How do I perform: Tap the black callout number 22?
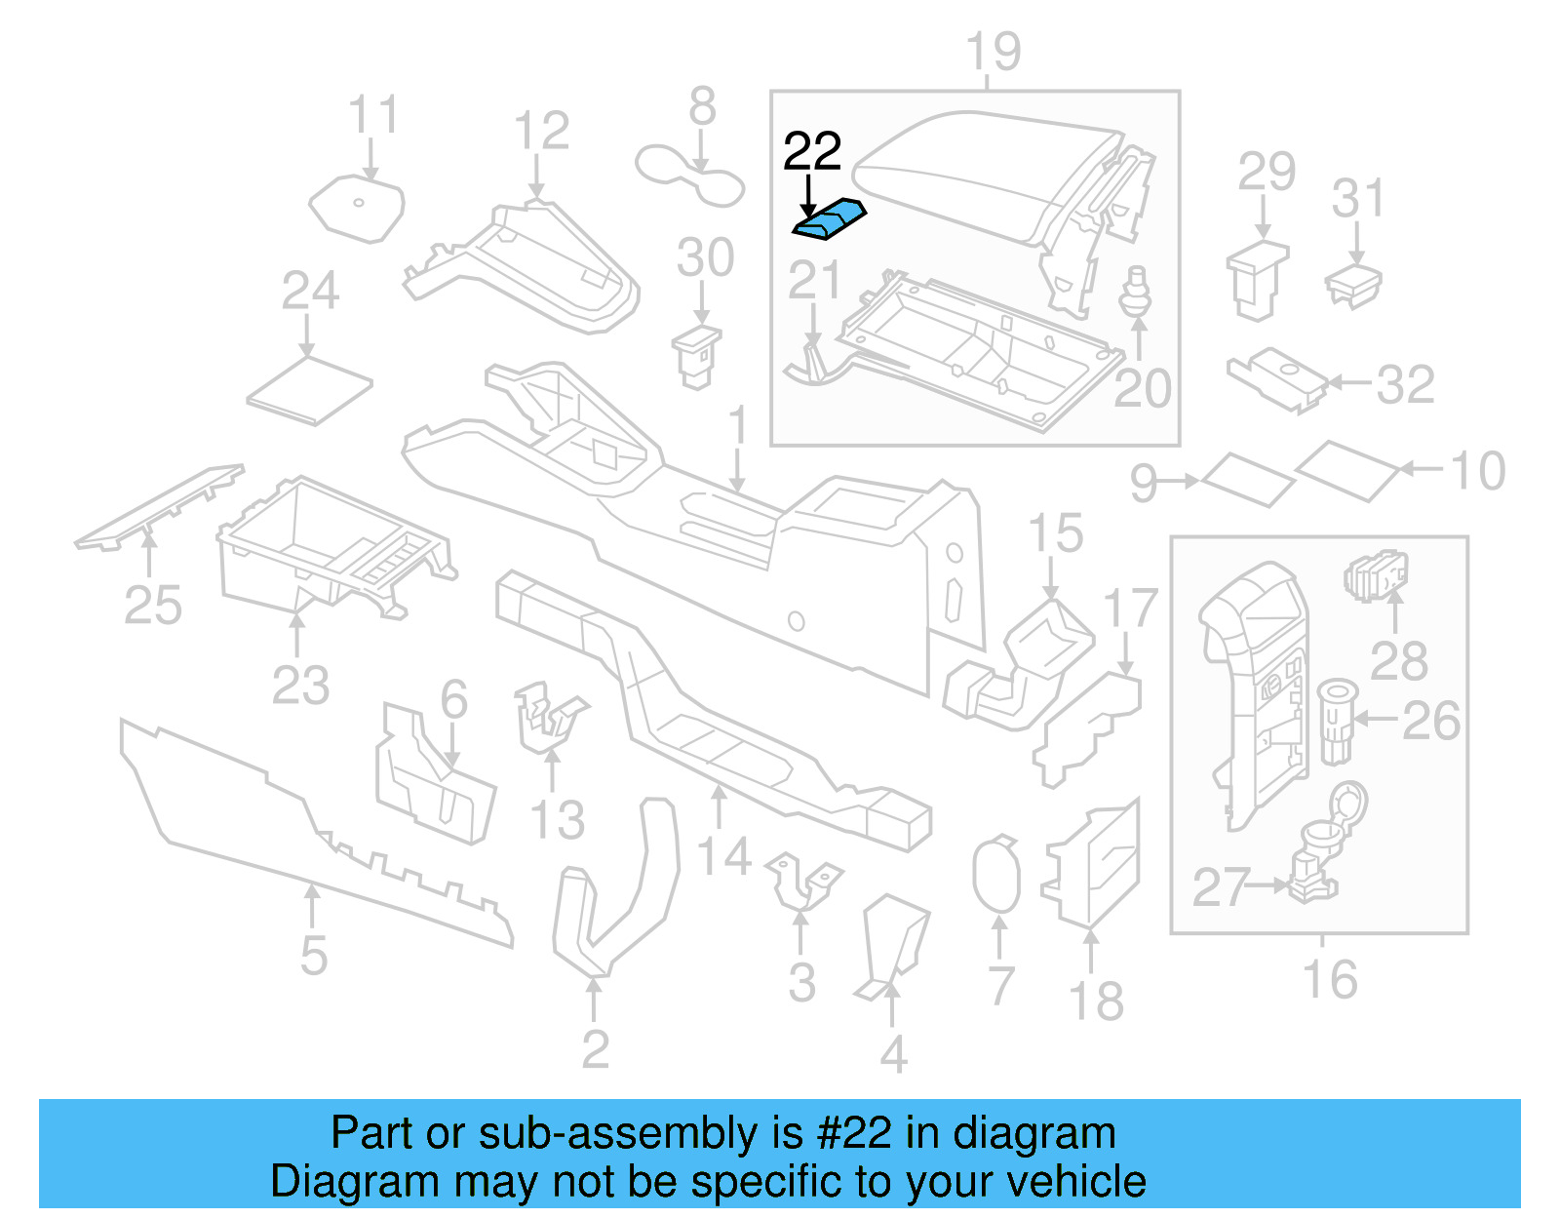click(812, 152)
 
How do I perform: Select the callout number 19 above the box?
click(993, 52)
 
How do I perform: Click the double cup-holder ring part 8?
click(689, 176)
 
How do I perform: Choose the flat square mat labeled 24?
click(309, 390)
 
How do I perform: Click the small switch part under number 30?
click(696, 357)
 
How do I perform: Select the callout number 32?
click(1405, 385)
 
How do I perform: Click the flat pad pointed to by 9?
click(1247, 479)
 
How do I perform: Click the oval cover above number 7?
click(996, 874)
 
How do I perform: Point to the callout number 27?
click(1221, 887)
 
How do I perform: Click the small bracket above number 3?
click(802, 880)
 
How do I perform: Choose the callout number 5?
click(313, 955)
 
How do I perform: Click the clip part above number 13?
click(548, 720)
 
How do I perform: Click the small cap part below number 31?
click(1353, 284)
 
